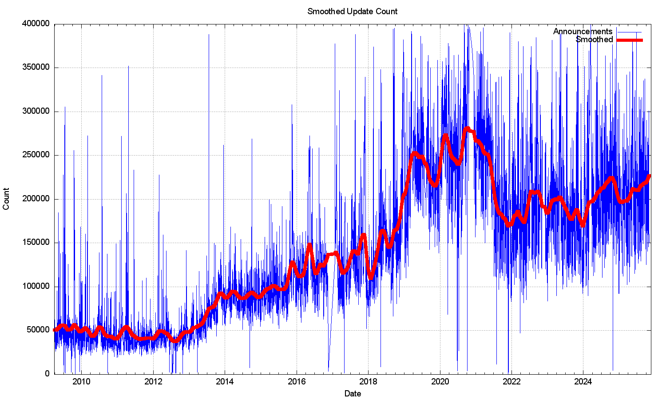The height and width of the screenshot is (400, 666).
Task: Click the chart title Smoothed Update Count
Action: coord(353,11)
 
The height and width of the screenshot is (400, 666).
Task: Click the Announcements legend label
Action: coord(583,32)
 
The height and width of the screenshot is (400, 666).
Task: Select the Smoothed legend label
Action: coord(594,40)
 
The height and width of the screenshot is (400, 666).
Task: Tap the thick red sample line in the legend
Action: coord(630,40)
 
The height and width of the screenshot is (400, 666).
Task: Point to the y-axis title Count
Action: coord(6,199)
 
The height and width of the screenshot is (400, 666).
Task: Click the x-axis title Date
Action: coord(353,393)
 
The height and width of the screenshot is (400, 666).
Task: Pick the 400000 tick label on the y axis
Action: coord(36,24)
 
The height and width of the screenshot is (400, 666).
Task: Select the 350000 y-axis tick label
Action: coord(36,68)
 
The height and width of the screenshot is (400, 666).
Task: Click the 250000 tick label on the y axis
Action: coord(36,155)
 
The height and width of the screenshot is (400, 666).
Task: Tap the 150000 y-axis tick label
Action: coord(36,243)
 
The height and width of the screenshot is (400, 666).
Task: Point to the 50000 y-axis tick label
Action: coord(38,330)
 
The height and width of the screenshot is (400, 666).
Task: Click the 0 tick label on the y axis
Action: coord(48,374)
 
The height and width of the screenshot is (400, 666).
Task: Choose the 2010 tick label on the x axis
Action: coord(81,381)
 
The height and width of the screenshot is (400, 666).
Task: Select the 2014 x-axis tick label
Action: coord(225,381)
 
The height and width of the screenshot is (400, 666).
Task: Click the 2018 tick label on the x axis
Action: coord(368,381)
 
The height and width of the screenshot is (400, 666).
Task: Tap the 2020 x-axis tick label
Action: coord(440,381)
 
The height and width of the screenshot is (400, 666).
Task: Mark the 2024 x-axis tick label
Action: coord(583,381)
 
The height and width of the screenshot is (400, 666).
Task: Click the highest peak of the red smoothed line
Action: coord(467,129)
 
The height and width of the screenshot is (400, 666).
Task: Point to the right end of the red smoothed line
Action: coord(650,176)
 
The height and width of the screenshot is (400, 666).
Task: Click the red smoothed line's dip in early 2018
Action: coord(371,277)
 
